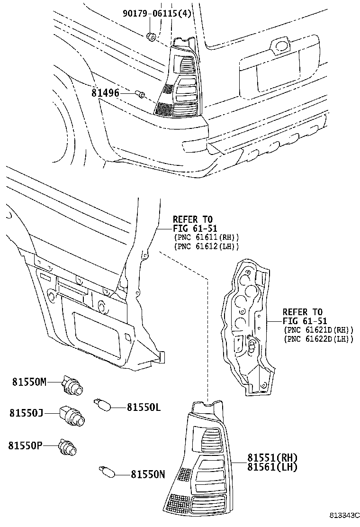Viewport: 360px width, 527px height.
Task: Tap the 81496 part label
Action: pos(105,92)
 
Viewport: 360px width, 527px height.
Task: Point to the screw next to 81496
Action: pos(140,94)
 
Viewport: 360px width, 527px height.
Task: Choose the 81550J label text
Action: pos(27,413)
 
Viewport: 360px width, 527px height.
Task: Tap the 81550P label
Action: pos(26,445)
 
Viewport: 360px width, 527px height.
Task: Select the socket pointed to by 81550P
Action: pos(68,448)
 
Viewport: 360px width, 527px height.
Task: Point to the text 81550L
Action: pos(144,407)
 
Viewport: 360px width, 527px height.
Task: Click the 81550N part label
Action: pos(148,474)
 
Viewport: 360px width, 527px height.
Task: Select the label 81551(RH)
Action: pos(272,458)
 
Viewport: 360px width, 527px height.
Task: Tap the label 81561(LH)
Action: pos(272,467)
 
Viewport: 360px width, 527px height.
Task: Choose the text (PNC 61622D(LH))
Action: pos(318,339)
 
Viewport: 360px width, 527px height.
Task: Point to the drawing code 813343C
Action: pos(345,515)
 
